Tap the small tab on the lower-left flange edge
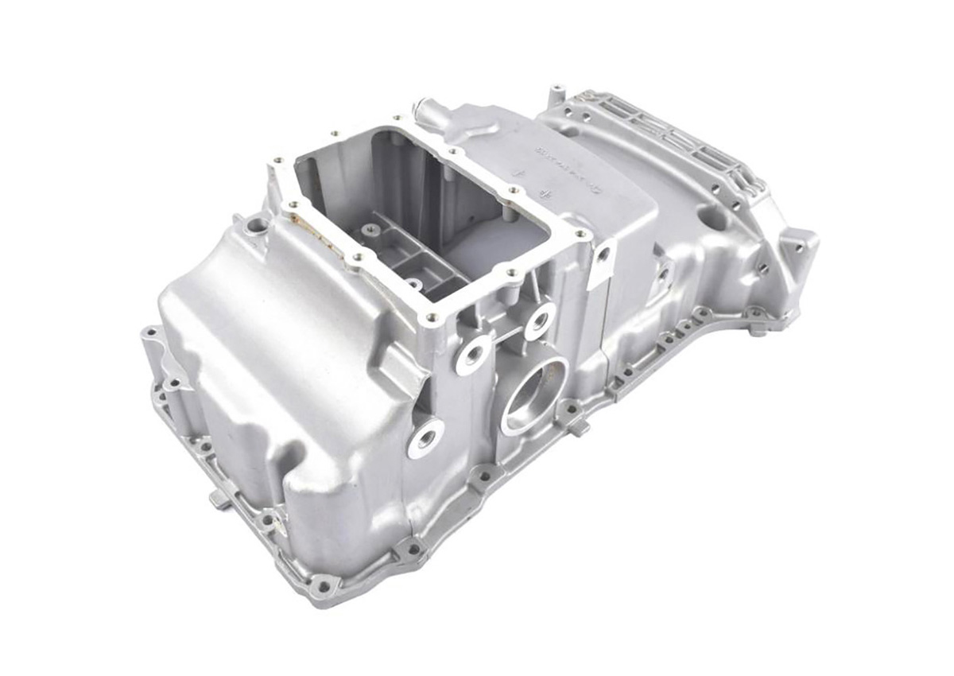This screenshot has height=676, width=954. pyautogui.click(x=219, y=499)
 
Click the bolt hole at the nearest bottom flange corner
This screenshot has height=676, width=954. pyautogui.click(x=323, y=586)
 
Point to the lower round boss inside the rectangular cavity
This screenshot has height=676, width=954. pyautogui.click(x=413, y=282)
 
